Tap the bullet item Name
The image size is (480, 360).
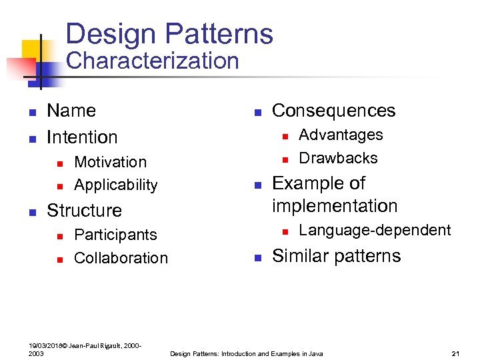(x=71, y=111)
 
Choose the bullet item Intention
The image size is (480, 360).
(x=82, y=137)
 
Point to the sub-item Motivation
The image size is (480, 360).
(x=110, y=162)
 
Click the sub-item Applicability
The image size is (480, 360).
(x=116, y=185)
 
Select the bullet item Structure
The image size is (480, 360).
(x=84, y=211)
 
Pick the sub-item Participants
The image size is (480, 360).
(x=115, y=235)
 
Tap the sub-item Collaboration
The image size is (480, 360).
(x=121, y=258)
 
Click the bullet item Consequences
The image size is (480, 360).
(x=333, y=111)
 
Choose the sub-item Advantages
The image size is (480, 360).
(x=341, y=135)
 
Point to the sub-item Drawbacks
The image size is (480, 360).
(x=338, y=158)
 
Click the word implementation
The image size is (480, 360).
(x=335, y=206)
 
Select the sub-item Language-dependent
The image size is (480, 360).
(x=375, y=230)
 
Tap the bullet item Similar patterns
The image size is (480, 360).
(x=336, y=256)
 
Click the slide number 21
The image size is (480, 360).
(x=456, y=353)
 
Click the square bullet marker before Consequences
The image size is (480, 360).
(x=257, y=112)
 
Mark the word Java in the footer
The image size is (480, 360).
(x=315, y=353)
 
